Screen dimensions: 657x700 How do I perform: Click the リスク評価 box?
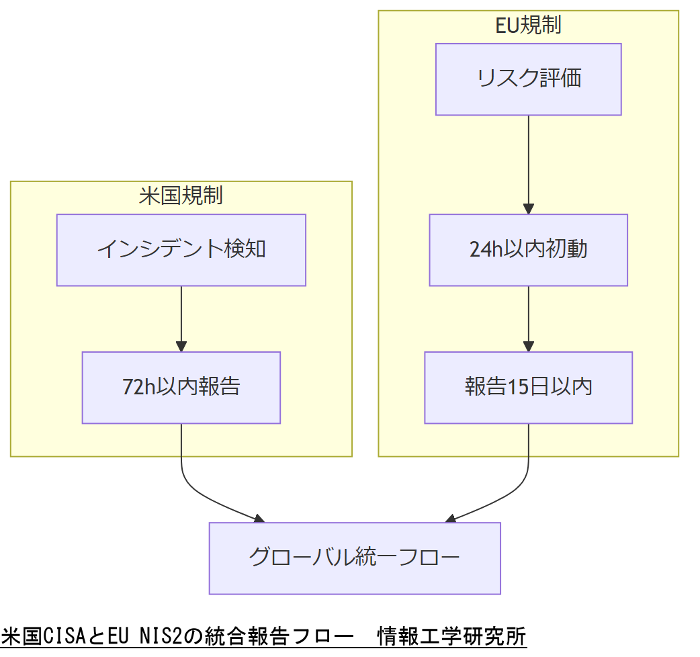coord(528,79)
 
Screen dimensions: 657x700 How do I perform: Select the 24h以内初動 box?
coord(528,250)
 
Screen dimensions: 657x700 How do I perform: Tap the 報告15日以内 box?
coord(528,388)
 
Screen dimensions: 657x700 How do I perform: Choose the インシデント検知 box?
coord(181,250)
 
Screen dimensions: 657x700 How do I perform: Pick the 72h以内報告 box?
coord(181,388)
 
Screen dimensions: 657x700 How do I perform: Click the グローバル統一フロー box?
coord(355,558)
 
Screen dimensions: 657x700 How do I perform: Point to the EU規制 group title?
coord(528,26)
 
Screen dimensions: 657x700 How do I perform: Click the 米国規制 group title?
coord(181,196)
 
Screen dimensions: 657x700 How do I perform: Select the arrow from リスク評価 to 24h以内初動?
coord(528,165)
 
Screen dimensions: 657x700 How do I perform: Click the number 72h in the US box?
coord(138,388)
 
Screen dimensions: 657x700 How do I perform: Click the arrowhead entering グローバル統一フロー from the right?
coord(451,519)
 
